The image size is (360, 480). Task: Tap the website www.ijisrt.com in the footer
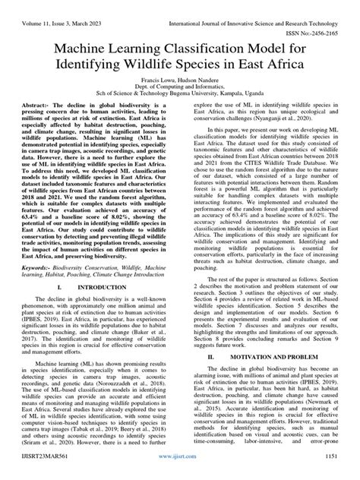[x=180, y=471]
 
